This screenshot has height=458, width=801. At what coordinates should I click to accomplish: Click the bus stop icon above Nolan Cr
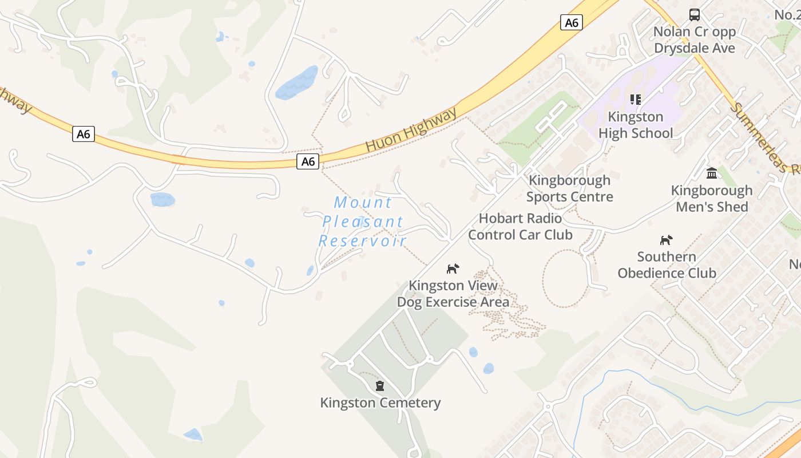(695, 14)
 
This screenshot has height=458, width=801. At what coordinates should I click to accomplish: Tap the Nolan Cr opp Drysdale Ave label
(695, 40)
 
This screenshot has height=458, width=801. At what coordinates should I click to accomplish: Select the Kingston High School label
(635, 125)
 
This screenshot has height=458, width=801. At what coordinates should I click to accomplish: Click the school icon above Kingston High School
(635, 100)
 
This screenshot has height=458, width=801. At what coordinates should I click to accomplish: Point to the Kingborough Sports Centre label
(569, 188)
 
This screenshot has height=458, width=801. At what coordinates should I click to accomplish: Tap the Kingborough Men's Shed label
(712, 198)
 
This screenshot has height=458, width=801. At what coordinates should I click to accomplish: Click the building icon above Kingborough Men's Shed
(712, 173)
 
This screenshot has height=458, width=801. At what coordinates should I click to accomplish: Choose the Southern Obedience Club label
(667, 264)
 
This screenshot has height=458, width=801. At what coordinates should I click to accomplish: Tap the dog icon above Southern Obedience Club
(667, 240)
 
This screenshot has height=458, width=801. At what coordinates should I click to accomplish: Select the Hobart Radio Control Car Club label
(520, 226)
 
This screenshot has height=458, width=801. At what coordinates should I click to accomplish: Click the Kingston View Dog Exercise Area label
(453, 293)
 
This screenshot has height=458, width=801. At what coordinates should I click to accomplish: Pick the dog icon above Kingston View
(453, 269)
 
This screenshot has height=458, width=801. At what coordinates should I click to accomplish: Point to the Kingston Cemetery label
(380, 402)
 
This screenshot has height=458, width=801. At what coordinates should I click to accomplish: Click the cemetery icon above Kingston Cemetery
(379, 386)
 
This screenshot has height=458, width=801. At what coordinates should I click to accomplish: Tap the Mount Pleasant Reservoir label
(363, 221)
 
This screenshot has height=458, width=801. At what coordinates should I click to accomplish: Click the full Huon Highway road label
(411, 130)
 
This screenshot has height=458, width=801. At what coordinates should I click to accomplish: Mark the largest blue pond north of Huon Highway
(296, 82)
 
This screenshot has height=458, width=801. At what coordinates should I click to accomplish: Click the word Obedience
(667, 273)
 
